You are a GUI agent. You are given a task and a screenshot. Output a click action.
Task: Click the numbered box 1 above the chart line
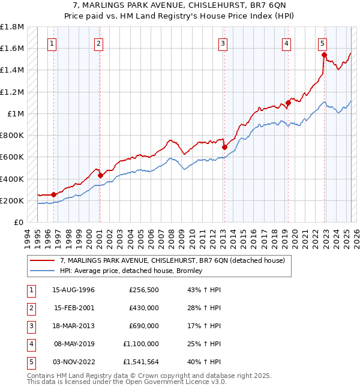pyautogui.click(x=53, y=43)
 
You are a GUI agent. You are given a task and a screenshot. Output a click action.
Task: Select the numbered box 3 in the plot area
pyautogui.click(x=223, y=43)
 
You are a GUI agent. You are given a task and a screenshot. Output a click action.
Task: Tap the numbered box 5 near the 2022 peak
pyautogui.click(x=323, y=43)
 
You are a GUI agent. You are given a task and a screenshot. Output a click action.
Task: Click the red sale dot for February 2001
pyautogui.click(x=100, y=175)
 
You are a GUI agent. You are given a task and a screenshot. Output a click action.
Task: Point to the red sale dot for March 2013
pyautogui.click(x=224, y=147)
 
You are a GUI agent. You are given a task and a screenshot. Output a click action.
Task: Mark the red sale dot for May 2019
pyautogui.click(x=288, y=103)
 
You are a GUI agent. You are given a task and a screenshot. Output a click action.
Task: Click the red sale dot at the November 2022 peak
pyautogui.click(x=324, y=55)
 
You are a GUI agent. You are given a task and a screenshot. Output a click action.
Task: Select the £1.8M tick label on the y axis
pyautogui.click(x=12, y=27)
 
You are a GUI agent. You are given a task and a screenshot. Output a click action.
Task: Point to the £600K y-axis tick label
pyautogui.click(x=12, y=157)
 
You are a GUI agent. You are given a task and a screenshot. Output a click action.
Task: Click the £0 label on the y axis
pyautogui.click(x=19, y=222)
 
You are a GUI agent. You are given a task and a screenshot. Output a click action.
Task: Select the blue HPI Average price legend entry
pyautogui.click(x=131, y=271)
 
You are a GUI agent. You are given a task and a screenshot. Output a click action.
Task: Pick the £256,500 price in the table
pyautogui.click(x=143, y=290)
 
